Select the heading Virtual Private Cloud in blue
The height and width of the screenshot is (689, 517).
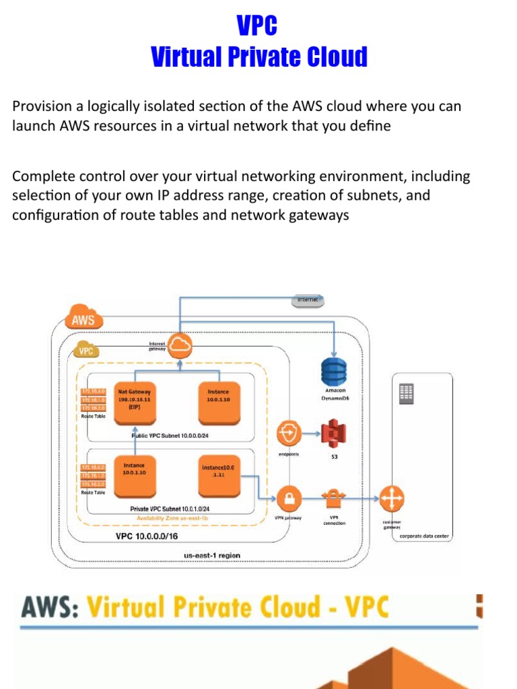258,57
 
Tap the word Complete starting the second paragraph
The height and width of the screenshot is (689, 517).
41,177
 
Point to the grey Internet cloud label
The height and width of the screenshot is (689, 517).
307,299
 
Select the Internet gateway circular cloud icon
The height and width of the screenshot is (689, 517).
180,346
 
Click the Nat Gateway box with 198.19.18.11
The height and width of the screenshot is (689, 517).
134,402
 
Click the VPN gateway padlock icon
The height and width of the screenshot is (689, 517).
288,499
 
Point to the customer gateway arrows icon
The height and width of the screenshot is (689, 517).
390,499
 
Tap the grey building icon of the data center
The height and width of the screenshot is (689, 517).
407,394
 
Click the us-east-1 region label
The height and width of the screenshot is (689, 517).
211,555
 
